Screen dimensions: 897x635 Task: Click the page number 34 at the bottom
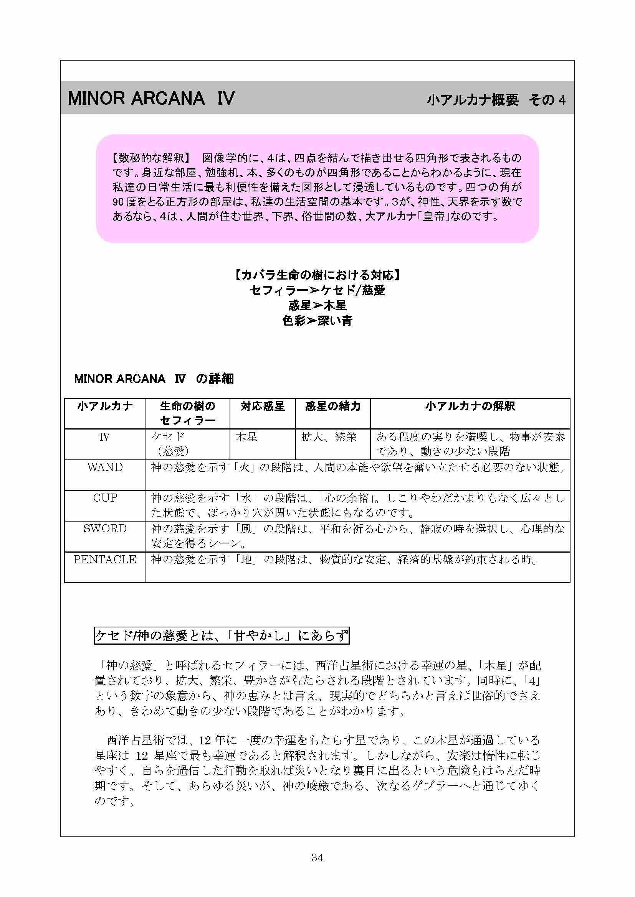pos(317,857)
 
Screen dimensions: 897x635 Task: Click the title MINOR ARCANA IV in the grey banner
pos(151,98)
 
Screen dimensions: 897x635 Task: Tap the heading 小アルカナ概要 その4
pos(496,100)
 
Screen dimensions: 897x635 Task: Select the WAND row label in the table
pos(105,467)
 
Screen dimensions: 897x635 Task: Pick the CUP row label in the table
pos(105,498)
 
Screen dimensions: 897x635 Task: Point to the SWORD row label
pos(105,528)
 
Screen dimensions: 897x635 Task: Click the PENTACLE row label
pos(105,560)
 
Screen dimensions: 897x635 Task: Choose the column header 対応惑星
pos(262,406)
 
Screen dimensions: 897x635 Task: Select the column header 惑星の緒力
pos(333,406)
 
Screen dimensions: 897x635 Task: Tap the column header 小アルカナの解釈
pos(470,406)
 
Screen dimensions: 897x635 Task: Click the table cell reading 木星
pos(246,437)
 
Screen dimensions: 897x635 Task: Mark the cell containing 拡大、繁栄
pos(329,437)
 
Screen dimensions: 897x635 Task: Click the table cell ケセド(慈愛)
pos(170,444)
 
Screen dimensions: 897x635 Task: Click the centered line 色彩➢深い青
pos(317,321)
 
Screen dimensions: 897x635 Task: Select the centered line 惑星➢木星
pos(317,306)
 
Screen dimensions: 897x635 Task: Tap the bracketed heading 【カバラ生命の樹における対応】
pos(317,275)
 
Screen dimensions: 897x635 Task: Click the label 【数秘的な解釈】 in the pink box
pos(151,158)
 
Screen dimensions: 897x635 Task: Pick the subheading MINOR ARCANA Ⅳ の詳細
pos(154,379)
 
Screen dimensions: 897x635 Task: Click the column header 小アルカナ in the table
pos(105,406)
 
